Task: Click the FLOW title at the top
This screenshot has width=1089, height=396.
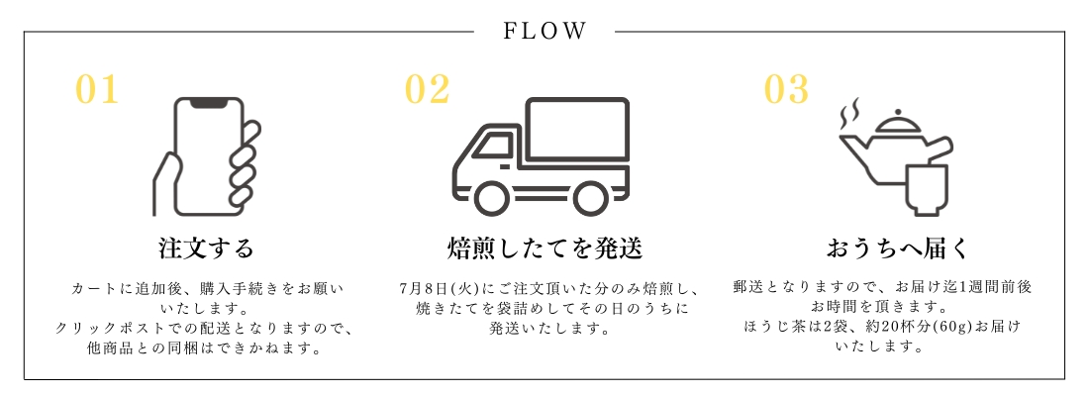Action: pyautogui.click(x=545, y=31)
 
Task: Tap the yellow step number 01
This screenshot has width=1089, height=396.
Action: pyautogui.click(x=97, y=90)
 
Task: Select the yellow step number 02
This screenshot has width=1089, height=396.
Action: pyautogui.click(x=428, y=90)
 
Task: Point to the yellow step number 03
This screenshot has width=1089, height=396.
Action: pyautogui.click(x=787, y=90)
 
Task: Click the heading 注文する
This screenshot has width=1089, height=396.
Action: pyautogui.click(x=206, y=247)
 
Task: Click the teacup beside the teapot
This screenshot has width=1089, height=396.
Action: pyautogui.click(x=926, y=188)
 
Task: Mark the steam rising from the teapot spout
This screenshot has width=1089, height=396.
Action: pyautogui.click(x=846, y=117)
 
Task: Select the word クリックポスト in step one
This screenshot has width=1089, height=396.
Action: pyautogui.click(x=105, y=328)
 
